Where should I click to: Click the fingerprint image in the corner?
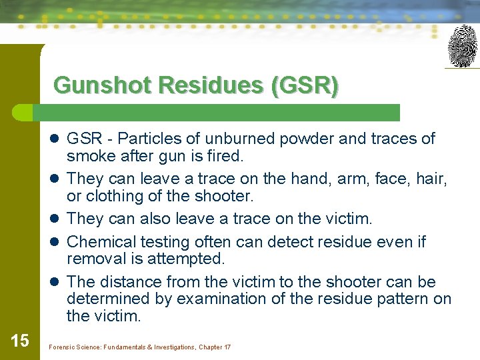click(463, 46)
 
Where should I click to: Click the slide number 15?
click(20, 341)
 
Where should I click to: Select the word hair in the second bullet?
click(432, 179)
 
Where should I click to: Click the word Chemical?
click(98, 241)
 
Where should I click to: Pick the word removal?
click(93, 259)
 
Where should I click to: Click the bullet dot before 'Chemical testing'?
click(53, 242)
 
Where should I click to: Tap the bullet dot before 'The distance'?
click(53, 282)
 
